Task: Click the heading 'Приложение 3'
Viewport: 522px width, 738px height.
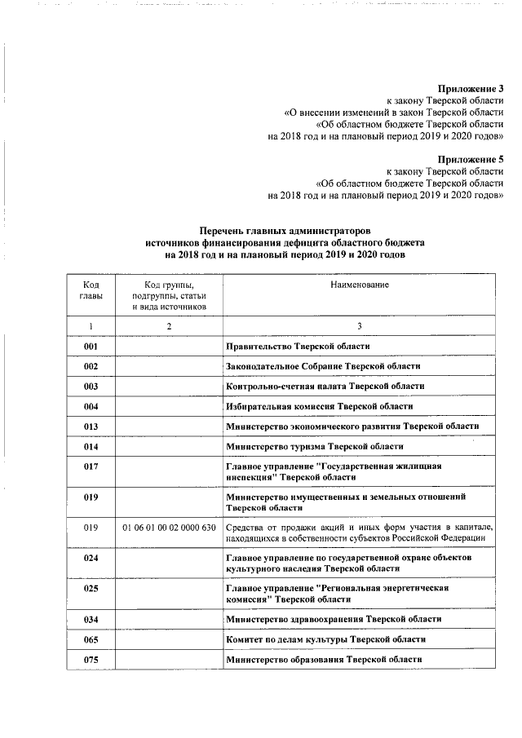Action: [471, 88]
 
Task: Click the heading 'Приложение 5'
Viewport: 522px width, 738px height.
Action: [471, 159]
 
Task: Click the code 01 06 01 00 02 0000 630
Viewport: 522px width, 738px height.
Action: [169, 527]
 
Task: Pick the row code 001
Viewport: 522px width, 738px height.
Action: [91, 347]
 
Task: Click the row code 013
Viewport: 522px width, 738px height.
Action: [91, 426]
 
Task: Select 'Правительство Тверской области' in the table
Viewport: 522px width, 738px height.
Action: [303, 347]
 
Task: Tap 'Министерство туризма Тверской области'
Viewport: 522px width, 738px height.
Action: [314, 447]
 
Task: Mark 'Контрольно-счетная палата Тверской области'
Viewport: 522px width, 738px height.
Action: [325, 387]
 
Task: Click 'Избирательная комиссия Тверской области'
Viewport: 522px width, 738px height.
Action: [319, 406]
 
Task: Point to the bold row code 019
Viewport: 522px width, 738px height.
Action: [91, 497]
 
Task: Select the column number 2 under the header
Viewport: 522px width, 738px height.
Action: [169, 326]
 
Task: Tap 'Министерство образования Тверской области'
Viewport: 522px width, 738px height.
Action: [325, 659]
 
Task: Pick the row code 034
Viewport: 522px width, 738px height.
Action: [91, 620]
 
